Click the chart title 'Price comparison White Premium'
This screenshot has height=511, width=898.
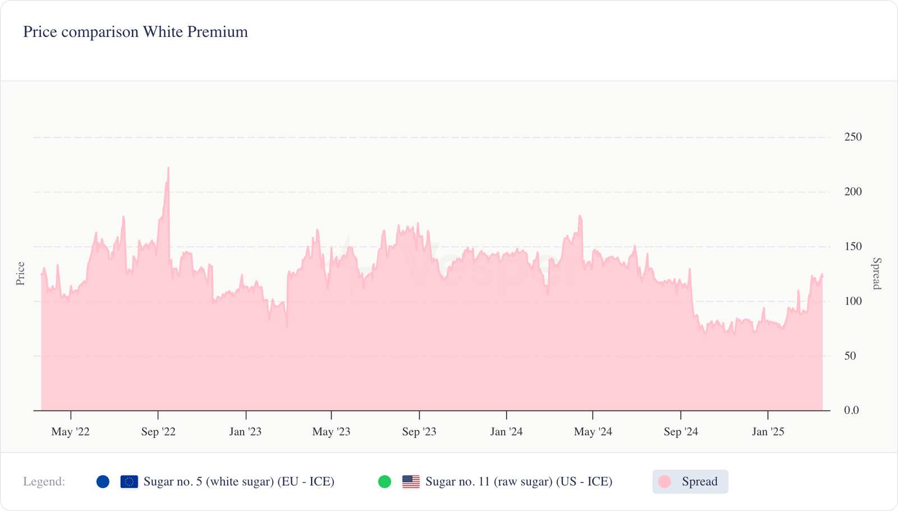tap(135, 32)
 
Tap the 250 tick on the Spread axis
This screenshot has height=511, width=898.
tap(853, 137)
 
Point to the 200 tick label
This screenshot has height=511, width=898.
tap(853, 192)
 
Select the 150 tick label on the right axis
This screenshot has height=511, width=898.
tap(853, 246)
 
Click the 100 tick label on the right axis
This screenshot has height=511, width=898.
tap(853, 301)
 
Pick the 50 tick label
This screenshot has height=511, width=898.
tap(850, 356)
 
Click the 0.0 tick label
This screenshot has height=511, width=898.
tap(851, 411)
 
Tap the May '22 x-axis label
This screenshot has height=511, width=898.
tap(70, 432)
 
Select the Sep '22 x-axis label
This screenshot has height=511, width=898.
tap(158, 432)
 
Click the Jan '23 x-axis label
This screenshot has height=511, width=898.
tap(245, 432)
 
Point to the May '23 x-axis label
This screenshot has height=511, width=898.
tap(331, 432)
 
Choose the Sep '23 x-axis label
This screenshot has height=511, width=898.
tap(419, 432)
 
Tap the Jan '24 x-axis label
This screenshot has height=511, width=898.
tap(506, 432)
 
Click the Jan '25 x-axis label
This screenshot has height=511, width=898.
tap(768, 432)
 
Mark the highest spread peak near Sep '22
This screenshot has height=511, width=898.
tap(168, 168)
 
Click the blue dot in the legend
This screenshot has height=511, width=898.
tap(103, 482)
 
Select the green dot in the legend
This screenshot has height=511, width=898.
tap(384, 482)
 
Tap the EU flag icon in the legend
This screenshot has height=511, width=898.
tap(129, 482)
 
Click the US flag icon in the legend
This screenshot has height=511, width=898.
tap(411, 482)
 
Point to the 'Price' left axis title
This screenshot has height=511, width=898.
tap(21, 274)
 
